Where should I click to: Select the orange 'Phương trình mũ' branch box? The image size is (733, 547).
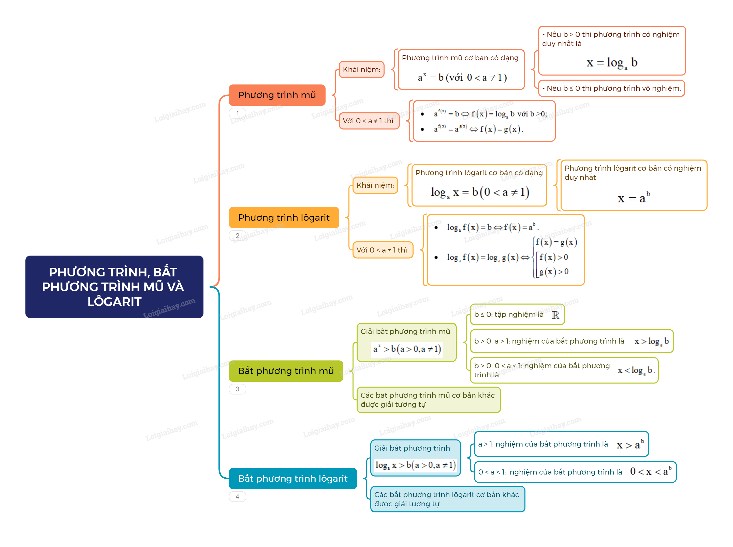pos(277,95)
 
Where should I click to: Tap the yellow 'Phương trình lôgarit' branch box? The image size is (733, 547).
pos(284,217)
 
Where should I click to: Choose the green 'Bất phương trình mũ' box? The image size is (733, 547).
pos(286,371)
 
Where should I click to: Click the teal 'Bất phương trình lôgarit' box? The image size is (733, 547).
pos(293,478)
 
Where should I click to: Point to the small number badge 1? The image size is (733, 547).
pos(237,113)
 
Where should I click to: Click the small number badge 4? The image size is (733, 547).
pos(237,496)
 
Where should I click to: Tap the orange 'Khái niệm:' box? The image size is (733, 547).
pos(361,69)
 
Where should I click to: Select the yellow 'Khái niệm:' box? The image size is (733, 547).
pos(375,185)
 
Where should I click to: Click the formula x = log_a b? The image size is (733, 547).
pos(611,63)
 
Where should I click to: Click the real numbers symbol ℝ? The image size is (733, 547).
pos(555,315)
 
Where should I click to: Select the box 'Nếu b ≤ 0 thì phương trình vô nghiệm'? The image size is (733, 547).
pos(611,88)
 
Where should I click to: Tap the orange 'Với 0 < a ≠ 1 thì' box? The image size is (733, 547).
pos(369,121)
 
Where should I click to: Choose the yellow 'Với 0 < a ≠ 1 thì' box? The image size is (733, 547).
pos(382,250)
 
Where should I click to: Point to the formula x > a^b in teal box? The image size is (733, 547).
pos(630,444)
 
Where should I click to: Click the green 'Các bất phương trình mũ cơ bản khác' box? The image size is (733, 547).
pos(428,400)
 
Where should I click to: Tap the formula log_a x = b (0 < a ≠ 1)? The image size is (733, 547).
pos(480,192)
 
